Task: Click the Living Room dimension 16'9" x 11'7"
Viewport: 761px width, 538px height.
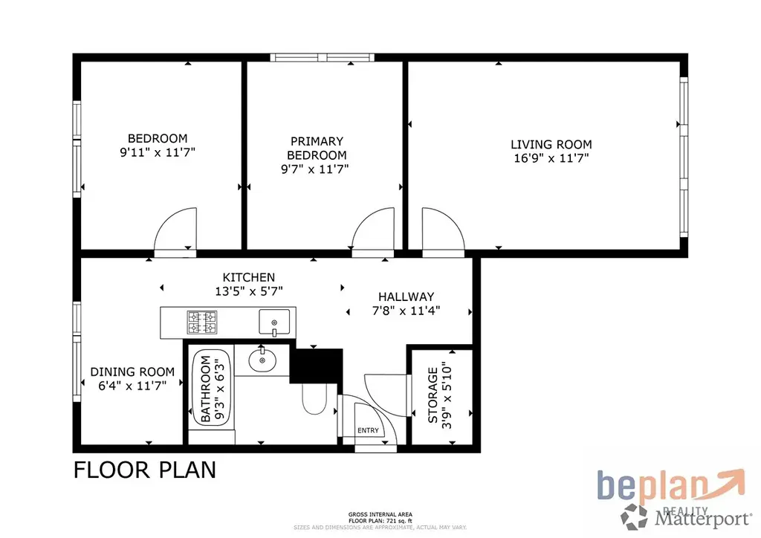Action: point(551,158)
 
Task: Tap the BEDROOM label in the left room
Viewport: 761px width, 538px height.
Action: point(158,138)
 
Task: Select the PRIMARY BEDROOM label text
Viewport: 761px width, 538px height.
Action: point(317,148)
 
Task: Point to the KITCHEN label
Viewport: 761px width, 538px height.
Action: point(248,277)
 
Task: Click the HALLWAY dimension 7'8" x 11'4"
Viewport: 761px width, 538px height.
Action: point(407,311)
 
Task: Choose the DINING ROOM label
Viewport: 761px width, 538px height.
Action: point(132,372)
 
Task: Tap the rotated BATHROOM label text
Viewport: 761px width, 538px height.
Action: point(206,389)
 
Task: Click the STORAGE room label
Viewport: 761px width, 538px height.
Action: point(433,395)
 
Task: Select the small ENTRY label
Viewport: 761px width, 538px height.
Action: point(368,430)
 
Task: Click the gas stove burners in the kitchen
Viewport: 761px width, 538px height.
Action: point(202,322)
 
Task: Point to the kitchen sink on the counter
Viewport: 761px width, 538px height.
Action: point(274,322)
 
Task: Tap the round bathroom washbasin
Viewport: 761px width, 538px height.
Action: point(262,360)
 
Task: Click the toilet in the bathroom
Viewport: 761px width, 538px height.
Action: point(314,398)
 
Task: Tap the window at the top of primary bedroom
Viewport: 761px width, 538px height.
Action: point(323,58)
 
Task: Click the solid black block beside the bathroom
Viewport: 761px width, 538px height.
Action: point(317,366)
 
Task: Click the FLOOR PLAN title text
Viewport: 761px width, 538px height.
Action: point(145,470)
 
